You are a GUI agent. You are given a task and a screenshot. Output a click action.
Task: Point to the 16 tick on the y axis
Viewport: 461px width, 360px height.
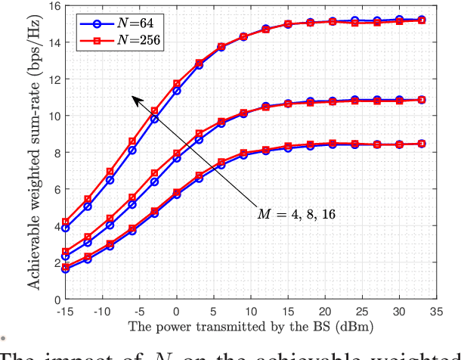(x=51, y=6)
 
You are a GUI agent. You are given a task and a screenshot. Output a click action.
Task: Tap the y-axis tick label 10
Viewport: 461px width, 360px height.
(x=51, y=116)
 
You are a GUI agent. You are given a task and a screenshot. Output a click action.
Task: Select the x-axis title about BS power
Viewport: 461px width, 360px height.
(x=249, y=326)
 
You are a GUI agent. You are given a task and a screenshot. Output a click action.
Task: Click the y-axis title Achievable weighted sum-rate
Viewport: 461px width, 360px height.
(x=34, y=155)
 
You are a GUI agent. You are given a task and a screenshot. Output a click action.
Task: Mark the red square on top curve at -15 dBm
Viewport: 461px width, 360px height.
(x=65, y=222)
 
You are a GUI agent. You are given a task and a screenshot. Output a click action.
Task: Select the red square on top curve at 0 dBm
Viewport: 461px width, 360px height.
(x=177, y=84)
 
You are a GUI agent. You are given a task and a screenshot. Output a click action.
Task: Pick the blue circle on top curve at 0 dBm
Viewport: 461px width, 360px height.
(x=177, y=91)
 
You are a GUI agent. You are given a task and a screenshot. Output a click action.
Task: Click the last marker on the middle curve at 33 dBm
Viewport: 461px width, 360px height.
(x=422, y=100)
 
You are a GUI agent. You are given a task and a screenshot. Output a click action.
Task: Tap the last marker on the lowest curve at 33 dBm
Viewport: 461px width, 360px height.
(x=422, y=144)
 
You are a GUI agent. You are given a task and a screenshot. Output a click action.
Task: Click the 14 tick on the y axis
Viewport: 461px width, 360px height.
(x=51, y=42)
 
